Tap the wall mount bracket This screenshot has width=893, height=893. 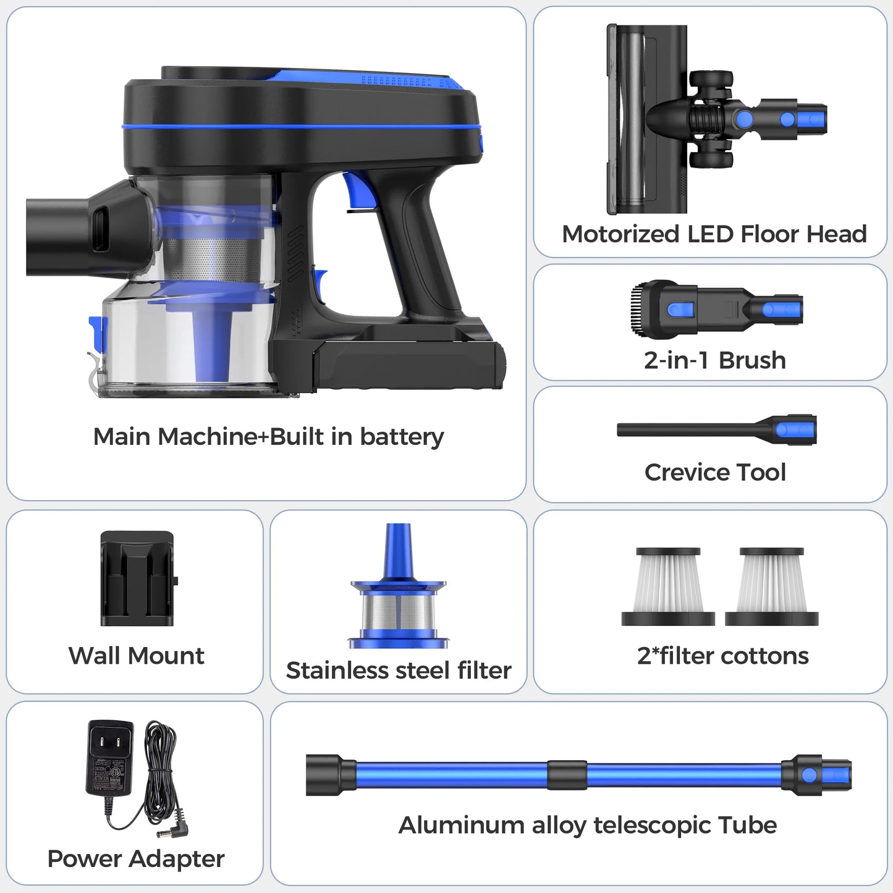point(138,578)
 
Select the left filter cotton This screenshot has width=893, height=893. point(668,586)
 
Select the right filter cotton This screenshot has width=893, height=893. point(772,586)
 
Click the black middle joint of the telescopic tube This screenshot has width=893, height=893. point(567,774)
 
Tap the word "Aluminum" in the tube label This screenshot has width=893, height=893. point(461,825)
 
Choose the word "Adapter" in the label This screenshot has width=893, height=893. point(177,859)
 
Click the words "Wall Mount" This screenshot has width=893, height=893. point(136,655)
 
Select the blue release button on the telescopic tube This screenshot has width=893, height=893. point(809,775)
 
